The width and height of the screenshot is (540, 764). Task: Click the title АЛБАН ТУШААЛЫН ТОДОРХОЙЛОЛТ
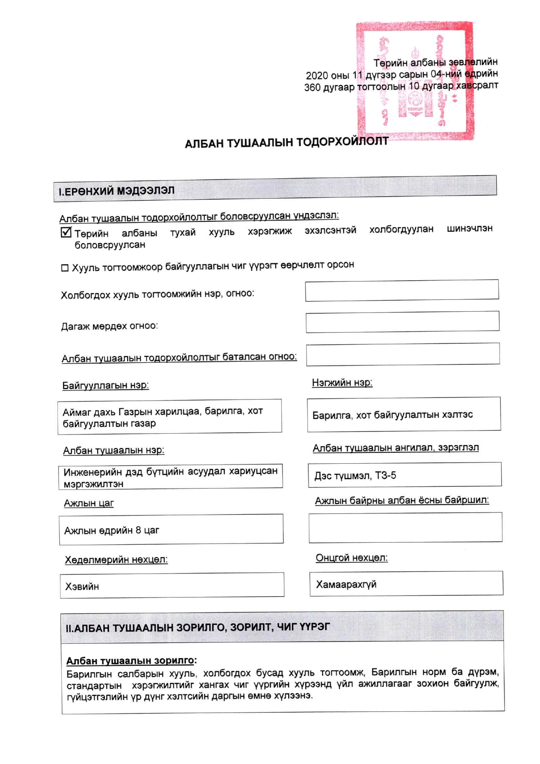point(286,143)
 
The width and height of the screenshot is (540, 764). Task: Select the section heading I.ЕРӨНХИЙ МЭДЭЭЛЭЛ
point(117,191)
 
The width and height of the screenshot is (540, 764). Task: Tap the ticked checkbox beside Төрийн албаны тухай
point(66,232)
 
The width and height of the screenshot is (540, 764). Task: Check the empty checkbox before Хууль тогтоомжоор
point(65,268)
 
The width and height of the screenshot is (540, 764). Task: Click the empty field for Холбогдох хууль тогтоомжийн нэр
point(402,290)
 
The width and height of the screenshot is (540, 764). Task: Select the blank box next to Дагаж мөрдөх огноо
point(402,322)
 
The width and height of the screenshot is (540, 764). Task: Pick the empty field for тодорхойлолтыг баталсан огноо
point(402,354)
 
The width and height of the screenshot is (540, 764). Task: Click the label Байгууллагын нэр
point(105,385)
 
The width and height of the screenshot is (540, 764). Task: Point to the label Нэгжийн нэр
point(342,383)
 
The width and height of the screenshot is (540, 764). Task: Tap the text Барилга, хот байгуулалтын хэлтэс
point(392,414)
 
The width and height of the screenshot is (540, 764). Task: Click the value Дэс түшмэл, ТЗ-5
point(355,475)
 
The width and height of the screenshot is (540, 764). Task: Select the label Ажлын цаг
point(89,503)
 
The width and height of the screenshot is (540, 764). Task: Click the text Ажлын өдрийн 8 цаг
point(111,530)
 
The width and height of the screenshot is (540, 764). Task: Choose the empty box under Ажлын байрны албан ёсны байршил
point(405,527)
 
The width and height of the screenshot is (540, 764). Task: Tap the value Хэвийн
point(82,587)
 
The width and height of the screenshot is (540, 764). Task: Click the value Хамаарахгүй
point(346,584)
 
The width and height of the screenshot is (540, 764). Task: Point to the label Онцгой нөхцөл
point(351,558)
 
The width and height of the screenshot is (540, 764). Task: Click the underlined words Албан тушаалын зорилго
point(130,661)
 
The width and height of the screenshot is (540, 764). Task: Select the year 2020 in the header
point(317,75)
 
